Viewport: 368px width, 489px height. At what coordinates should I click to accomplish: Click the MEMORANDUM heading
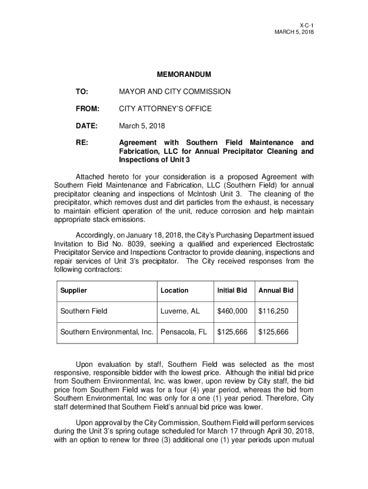click(184, 75)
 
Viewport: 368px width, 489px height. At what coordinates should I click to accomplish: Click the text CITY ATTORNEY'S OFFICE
click(165, 109)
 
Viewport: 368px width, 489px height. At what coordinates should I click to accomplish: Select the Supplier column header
click(74, 290)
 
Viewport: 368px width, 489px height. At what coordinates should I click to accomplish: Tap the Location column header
click(174, 290)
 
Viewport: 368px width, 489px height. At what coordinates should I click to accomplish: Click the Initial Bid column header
click(232, 290)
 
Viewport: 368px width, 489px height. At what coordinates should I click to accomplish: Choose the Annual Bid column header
click(276, 290)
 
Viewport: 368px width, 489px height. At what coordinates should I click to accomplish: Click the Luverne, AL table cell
click(180, 311)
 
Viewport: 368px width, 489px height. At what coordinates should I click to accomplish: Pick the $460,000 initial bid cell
click(232, 311)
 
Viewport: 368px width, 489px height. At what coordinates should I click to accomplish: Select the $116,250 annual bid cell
click(274, 311)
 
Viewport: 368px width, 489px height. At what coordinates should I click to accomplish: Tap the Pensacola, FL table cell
click(184, 332)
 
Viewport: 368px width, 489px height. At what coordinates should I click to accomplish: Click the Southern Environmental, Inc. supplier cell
click(107, 332)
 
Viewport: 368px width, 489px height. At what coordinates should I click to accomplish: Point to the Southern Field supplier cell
click(84, 311)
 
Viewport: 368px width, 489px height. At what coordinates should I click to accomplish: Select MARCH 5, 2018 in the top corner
click(294, 32)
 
